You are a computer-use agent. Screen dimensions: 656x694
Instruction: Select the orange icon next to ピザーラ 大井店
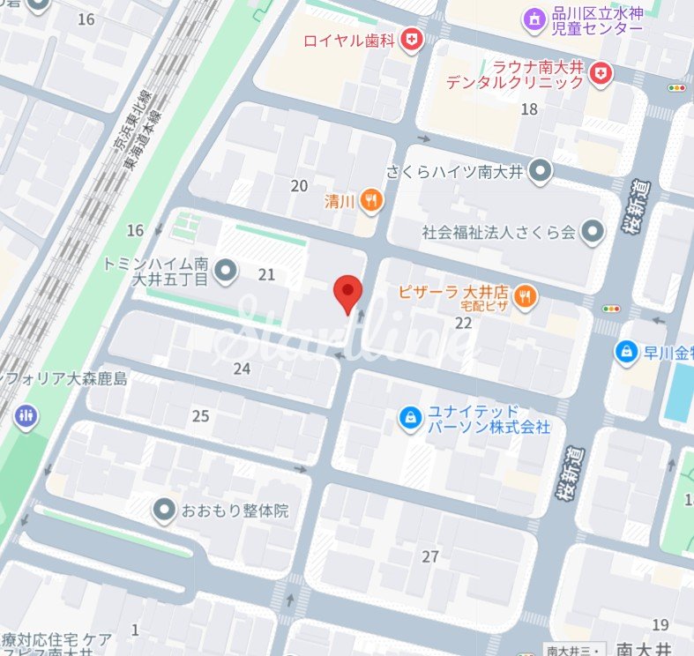pos(526,297)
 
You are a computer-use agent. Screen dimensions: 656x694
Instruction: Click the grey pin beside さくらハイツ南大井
pos(541,171)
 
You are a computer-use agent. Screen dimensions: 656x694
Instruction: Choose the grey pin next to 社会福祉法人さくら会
pos(593,232)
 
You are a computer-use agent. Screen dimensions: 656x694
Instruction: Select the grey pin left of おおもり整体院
pos(163,509)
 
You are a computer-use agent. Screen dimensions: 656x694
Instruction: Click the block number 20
pos(299,185)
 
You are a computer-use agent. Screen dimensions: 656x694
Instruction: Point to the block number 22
pos(464,323)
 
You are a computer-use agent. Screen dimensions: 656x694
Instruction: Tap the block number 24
pos(242,369)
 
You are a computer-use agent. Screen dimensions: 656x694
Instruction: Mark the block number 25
pos(201,415)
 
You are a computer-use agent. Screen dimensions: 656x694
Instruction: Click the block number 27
pos(430,556)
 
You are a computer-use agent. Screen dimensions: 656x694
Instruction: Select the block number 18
pos(529,108)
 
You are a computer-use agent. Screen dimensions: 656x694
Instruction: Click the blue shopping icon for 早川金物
pos(627,351)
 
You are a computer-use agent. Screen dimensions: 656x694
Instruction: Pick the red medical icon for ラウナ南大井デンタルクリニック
pos(601,73)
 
